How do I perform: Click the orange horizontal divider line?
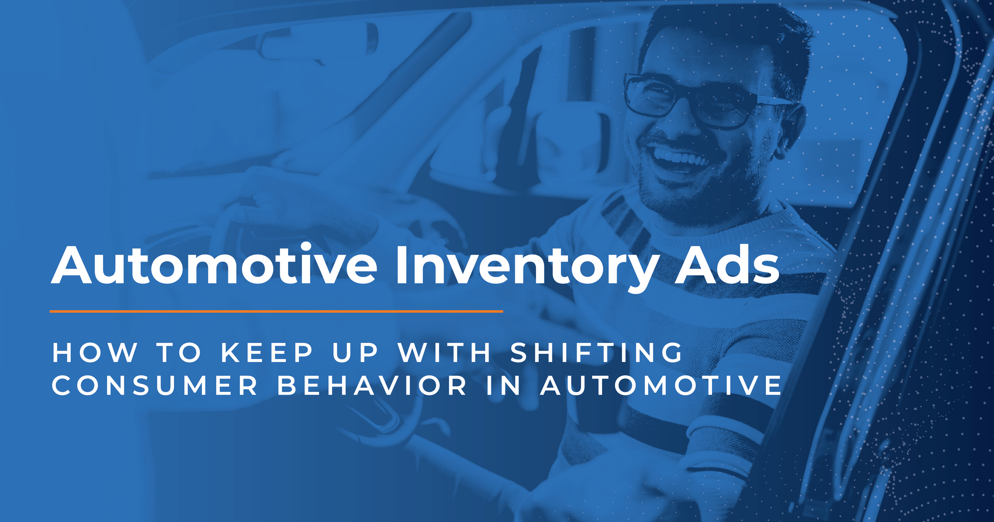pos(276,311)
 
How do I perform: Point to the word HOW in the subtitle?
pos(94,353)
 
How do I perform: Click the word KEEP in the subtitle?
pos(266,353)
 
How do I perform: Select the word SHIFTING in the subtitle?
pos(596,353)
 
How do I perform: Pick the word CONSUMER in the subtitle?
pos(155,386)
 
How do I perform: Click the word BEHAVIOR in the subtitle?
pos(372,386)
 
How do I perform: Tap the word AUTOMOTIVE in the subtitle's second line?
pos(661,386)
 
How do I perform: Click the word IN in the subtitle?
pos(503,386)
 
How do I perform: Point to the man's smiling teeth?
pos(681,158)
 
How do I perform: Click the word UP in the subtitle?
pos(355,353)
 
